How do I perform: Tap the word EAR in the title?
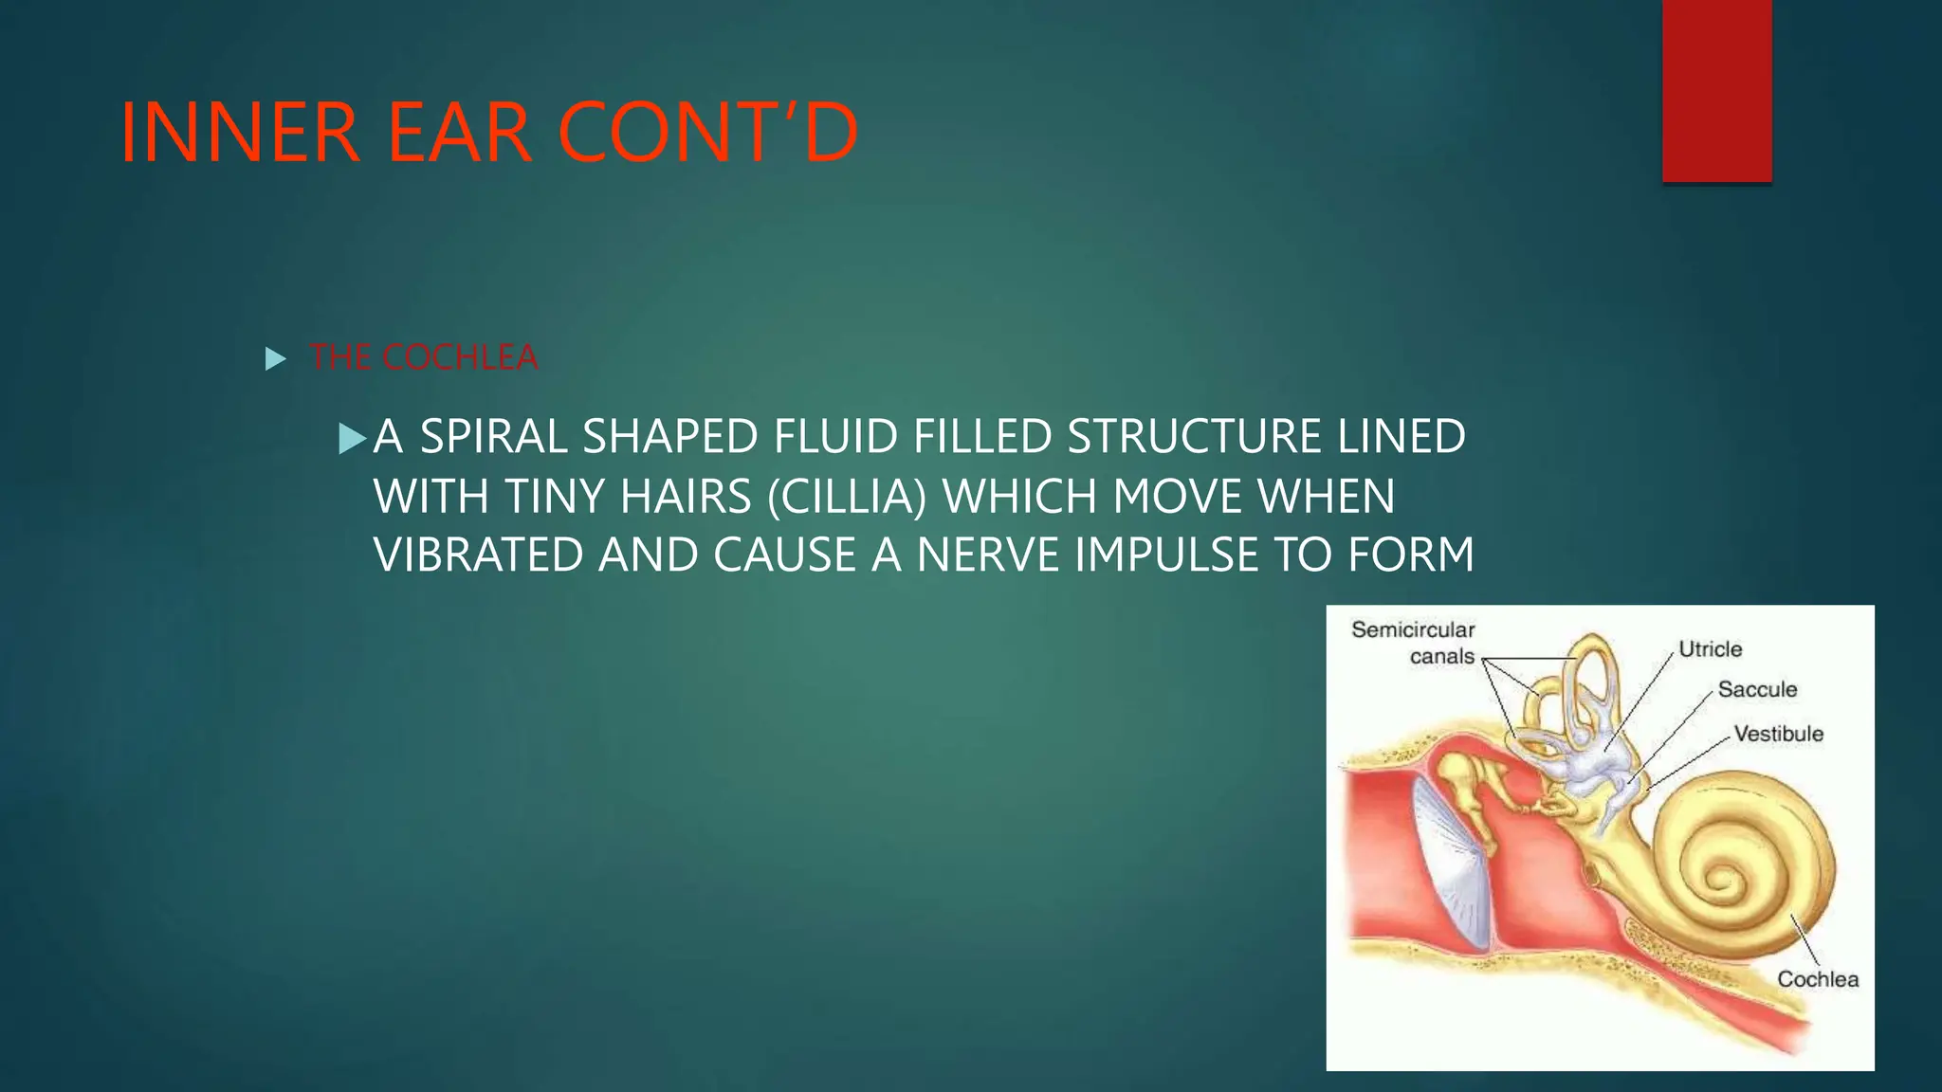pos(459,133)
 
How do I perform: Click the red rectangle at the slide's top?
pos(1716,91)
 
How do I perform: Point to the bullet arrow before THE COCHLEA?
pos(275,359)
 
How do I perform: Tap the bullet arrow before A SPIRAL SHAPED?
pos(352,438)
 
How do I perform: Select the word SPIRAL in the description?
pos(495,437)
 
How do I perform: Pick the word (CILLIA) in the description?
pos(846,497)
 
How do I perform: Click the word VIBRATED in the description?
pos(478,555)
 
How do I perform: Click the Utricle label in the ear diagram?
pos(1710,649)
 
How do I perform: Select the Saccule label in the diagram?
pos(1757,690)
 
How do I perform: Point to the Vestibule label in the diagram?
pos(1778,734)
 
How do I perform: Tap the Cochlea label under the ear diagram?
pos(1817,979)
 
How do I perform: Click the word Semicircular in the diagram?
pos(1413,629)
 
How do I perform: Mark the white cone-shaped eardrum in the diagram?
pos(1447,863)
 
